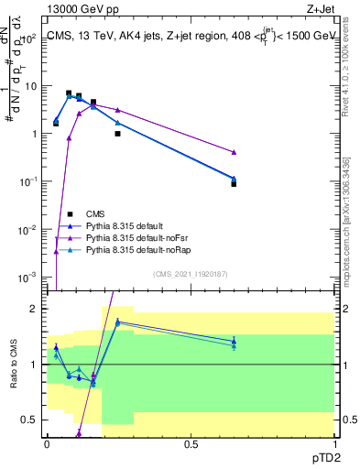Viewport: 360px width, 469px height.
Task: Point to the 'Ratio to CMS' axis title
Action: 15,366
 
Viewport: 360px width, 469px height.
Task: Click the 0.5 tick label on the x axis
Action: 191,443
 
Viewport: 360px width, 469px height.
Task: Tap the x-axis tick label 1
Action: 333,443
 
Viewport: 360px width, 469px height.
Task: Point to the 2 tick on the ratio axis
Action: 36,309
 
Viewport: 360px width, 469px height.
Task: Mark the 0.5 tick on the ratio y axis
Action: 32,420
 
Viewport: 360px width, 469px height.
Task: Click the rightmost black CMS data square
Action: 234,184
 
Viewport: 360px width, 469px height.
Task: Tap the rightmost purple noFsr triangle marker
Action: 234,152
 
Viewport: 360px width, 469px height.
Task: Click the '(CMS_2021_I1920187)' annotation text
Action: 191,273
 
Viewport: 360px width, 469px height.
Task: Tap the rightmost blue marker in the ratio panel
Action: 234,342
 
